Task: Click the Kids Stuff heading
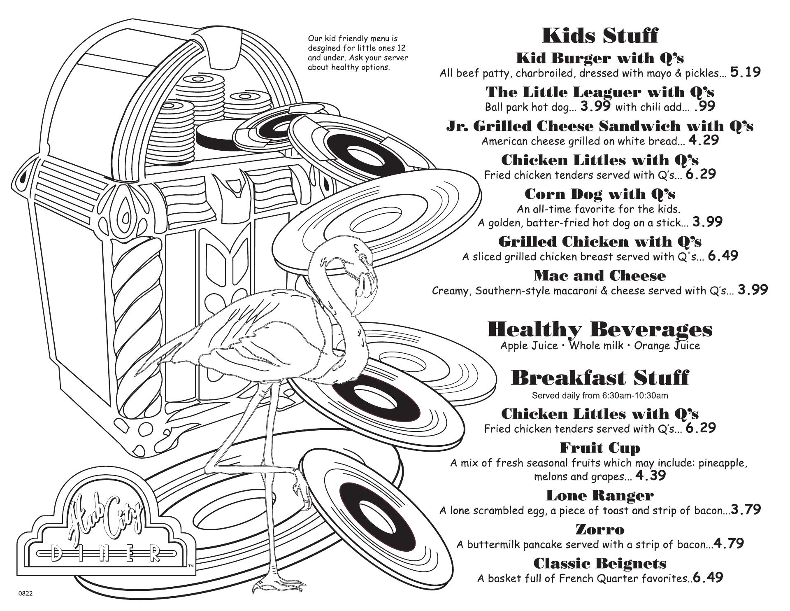[600, 35]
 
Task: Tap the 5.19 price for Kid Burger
[745, 72]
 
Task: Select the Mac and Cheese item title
[600, 275]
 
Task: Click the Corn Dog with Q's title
[600, 194]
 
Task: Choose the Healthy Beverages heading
[600, 329]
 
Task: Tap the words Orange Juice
[667, 345]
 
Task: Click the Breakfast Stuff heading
[600, 378]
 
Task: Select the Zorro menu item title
[600, 529]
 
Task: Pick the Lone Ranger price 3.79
[746, 510]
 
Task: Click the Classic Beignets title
[600, 563]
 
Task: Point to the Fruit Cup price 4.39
[651, 476]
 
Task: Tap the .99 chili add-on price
[704, 107]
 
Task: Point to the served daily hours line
[600, 396]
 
